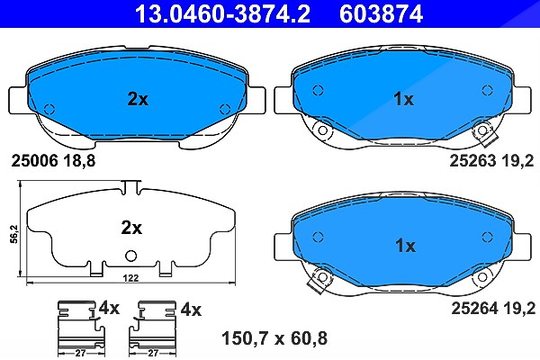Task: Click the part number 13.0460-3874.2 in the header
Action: [222, 13]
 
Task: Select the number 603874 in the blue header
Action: [382, 13]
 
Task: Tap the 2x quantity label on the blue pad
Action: [138, 99]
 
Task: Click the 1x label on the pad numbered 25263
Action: [403, 99]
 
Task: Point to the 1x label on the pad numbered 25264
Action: [405, 246]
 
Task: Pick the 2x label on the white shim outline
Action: [131, 228]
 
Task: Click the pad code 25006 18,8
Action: [53, 160]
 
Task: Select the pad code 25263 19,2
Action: [491, 160]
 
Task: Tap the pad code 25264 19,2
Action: [493, 308]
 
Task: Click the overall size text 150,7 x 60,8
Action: [274, 338]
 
